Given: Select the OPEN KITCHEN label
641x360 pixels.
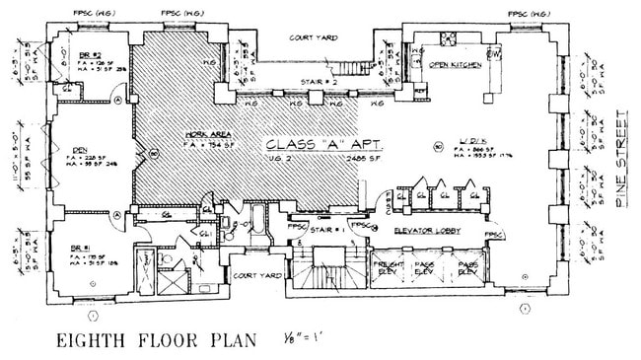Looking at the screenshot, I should [x=455, y=64].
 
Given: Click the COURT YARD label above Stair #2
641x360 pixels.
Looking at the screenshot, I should [x=313, y=37].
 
